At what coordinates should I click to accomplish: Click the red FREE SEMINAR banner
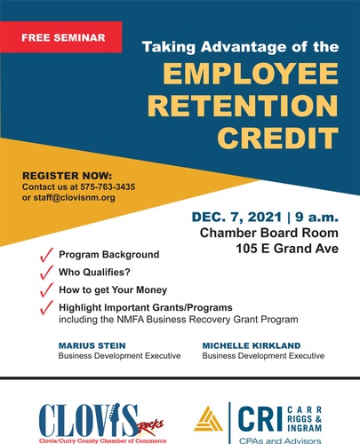click(60, 37)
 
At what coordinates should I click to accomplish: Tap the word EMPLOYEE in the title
click(251, 74)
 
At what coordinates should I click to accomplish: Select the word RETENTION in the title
click(243, 106)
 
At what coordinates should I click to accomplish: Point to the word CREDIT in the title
click(278, 138)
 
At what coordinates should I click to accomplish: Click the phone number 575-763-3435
click(108, 187)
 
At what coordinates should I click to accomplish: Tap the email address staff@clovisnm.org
click(74, 198)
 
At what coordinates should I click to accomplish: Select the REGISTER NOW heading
click(67, 176)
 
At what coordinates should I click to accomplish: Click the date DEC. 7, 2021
click(236, 218)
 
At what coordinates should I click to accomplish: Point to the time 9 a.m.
click(316, 218)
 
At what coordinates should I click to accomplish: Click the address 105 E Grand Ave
click(287, 249)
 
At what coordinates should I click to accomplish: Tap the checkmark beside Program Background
click(46, 255)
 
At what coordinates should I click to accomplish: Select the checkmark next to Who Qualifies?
click(46, 273)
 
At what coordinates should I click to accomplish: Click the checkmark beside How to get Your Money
click(46, 289)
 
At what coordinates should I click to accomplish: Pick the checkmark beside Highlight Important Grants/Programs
click(46, 307)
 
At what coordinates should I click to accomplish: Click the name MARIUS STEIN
click(92, 345)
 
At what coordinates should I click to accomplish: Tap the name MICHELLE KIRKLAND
click(252, 345)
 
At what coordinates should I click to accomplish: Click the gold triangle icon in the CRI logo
click(208, 419)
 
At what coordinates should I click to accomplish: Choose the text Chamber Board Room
click(269, 233)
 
